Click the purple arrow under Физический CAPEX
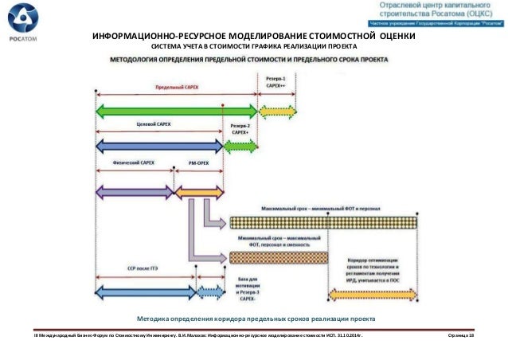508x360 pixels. pyautogui.click(x=135, y=192)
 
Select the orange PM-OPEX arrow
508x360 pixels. pyautogui.click(x=198, y=192)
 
